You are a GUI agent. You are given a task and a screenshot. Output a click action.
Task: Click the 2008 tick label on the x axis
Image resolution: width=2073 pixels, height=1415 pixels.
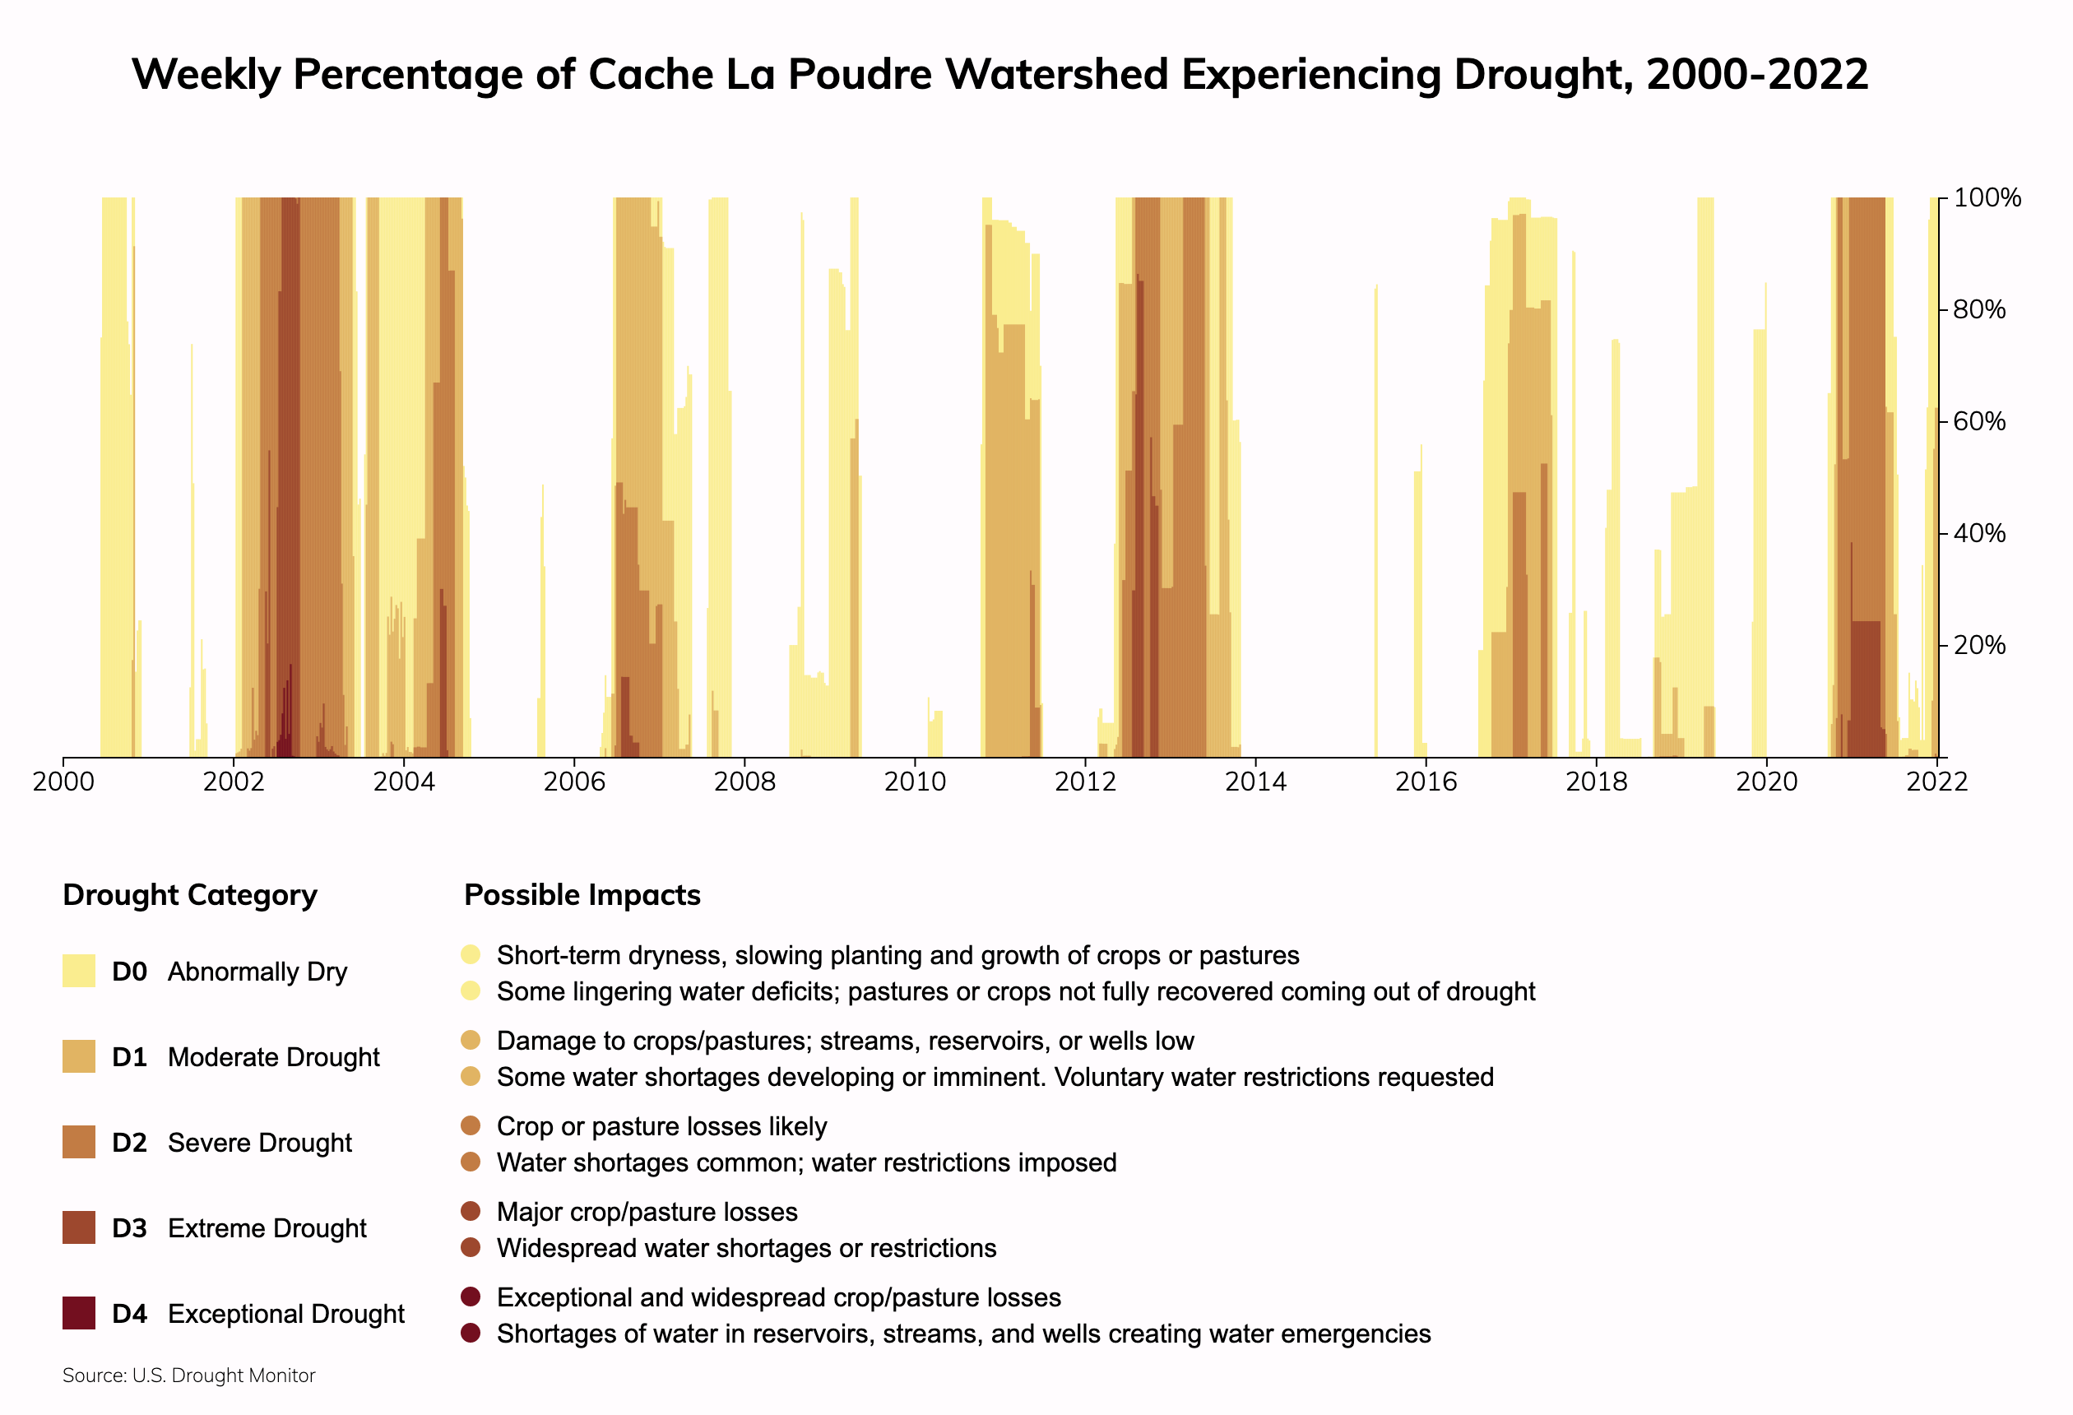click(x=744, y=782)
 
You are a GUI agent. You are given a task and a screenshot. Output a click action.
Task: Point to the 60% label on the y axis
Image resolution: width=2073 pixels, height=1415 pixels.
click(x=1979, y=421)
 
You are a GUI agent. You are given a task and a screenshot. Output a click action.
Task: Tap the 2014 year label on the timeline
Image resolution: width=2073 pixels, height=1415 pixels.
click(x=1255, y=782)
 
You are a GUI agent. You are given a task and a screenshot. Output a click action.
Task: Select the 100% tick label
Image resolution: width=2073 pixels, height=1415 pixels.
click(x=1987, y=198)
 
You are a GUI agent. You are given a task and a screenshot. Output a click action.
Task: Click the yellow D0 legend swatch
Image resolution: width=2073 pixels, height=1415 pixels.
click(x=78, y=971)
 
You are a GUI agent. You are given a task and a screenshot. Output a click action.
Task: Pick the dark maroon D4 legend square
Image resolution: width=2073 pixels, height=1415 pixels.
click(x=78, y=1313)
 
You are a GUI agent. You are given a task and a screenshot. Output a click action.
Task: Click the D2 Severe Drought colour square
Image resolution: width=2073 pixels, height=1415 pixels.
click(x=78, y=1142)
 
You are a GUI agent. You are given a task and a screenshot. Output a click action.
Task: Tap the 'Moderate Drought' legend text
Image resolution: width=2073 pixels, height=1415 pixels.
click(x=273, y=1057)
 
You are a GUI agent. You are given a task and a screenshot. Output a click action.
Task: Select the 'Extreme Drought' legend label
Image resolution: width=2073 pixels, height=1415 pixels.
click(x=267, y=1228)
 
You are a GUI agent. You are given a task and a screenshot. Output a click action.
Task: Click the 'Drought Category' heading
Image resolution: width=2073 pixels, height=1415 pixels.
click(x=190, y=895)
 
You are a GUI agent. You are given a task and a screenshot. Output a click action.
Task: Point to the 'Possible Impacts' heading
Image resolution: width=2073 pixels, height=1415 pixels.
click(x=582, y=895)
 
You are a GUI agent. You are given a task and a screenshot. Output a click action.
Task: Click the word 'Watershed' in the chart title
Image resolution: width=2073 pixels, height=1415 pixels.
click(x=1056, y=74)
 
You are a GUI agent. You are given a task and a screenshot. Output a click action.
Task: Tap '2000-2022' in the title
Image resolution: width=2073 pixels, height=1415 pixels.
click(x=1757, y=74)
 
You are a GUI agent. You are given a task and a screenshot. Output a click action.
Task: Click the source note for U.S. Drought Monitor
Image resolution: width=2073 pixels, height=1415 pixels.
click(x=189, y=1376)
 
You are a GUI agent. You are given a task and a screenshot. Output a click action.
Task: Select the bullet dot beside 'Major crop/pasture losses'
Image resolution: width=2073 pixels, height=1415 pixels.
click(x=471, y=1211)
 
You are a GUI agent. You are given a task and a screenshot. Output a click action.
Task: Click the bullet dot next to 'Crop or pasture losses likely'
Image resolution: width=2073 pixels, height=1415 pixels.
click(x=471, y=1125)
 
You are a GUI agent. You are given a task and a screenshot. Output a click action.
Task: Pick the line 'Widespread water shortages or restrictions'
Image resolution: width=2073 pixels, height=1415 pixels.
click(x=746, y=1248)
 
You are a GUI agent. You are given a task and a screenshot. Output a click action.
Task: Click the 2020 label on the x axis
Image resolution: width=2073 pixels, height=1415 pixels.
click(x=1766, y=782)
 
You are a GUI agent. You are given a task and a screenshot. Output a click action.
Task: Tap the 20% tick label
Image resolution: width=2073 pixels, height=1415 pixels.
click(x=1979, y=645)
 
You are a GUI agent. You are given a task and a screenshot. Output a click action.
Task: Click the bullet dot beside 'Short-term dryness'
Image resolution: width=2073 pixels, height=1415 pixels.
click(x=471, y=954)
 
